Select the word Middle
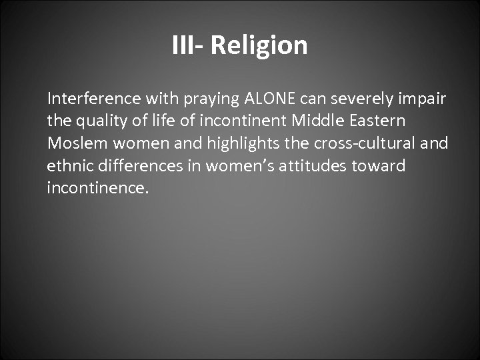tap(313, 121)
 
